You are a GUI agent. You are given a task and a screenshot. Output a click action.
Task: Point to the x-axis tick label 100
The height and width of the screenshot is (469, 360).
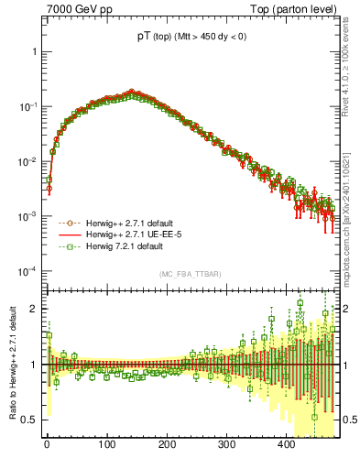pos(106,445)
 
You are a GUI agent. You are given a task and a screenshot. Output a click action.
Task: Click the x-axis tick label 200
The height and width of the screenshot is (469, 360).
pos(166,445)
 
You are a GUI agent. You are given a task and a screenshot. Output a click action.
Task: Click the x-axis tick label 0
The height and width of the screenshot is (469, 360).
pos(47,445)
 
